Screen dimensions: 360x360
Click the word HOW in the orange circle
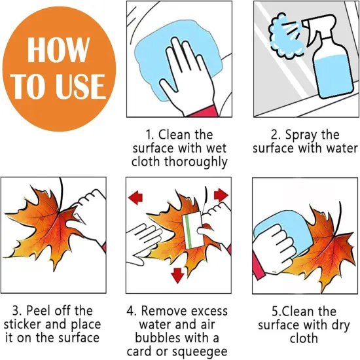(x=58, y=50)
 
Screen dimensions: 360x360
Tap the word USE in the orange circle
(x=81, y=86)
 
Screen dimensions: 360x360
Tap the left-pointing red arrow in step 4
(x=135, y=198)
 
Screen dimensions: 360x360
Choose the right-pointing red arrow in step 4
(x=221, y=195)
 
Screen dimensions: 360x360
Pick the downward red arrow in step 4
(x=177, y=275)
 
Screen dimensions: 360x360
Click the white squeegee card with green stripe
(x=192, y=230)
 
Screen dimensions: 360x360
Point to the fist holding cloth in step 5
(x=273, y=249)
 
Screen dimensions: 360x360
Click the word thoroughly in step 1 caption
(x=196, y=162)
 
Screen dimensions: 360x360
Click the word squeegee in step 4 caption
(x=199, y=352)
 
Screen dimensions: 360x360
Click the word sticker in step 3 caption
(x=22, y=325)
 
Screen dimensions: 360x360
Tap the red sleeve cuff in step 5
(x=258, y=266)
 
